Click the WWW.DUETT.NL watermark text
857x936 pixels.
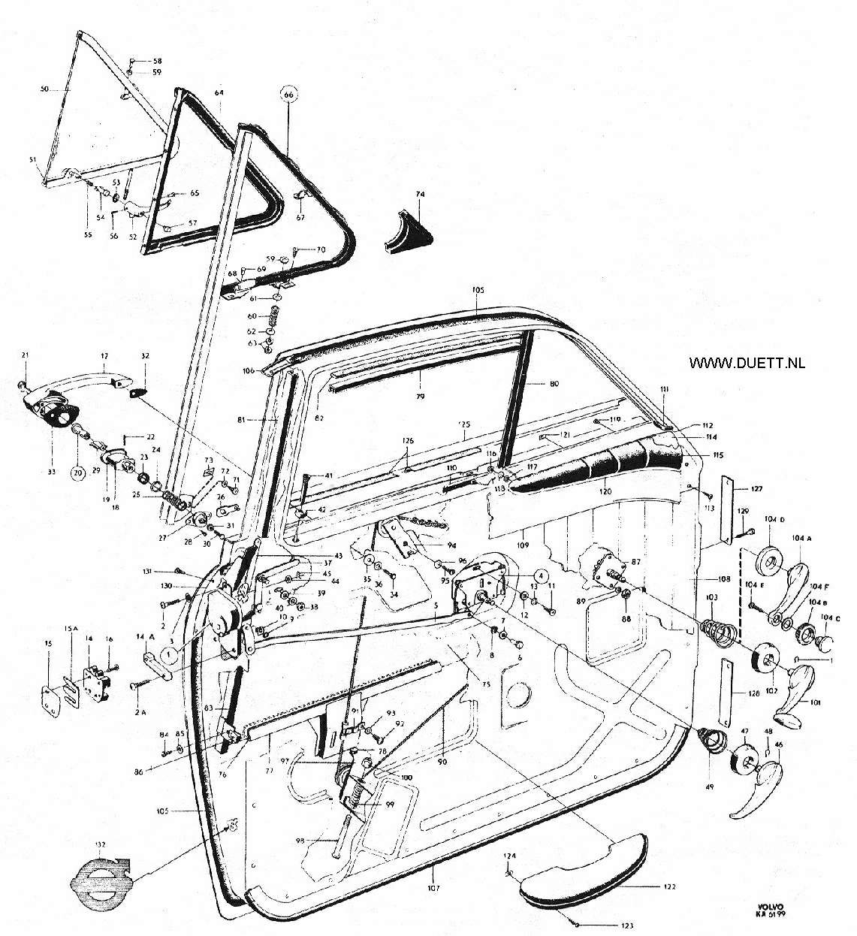747,362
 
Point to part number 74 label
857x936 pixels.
420,194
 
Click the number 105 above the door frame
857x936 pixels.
478,289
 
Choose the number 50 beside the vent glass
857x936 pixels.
44,89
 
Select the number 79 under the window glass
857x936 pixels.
420,395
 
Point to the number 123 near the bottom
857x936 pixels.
626,925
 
